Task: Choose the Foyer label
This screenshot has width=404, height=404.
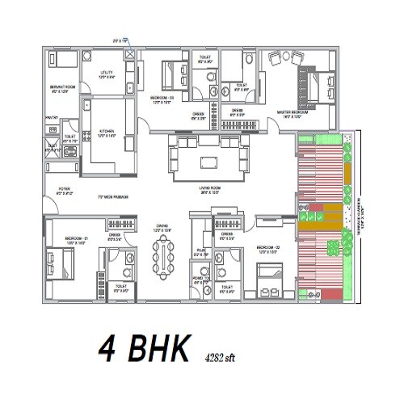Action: click(63, 191)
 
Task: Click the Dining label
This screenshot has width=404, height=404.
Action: click(162, 229)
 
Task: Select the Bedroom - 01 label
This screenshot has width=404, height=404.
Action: click(63, 239)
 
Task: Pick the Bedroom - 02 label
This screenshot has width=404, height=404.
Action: click(267, 249)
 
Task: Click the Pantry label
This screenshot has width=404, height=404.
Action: click(51, 118)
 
